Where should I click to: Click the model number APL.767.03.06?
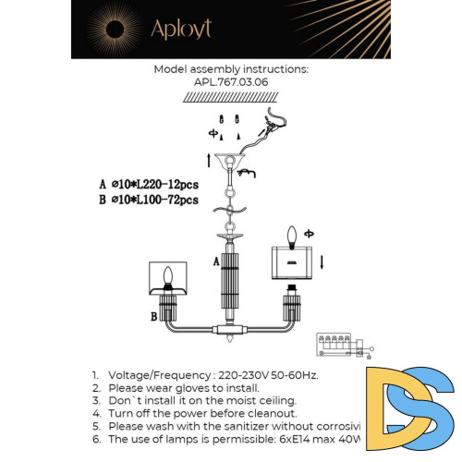[230, 81]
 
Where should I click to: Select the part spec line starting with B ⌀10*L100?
[148, 199]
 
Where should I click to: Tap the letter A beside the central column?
[215, 261]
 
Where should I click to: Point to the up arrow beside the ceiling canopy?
[209, 161]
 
